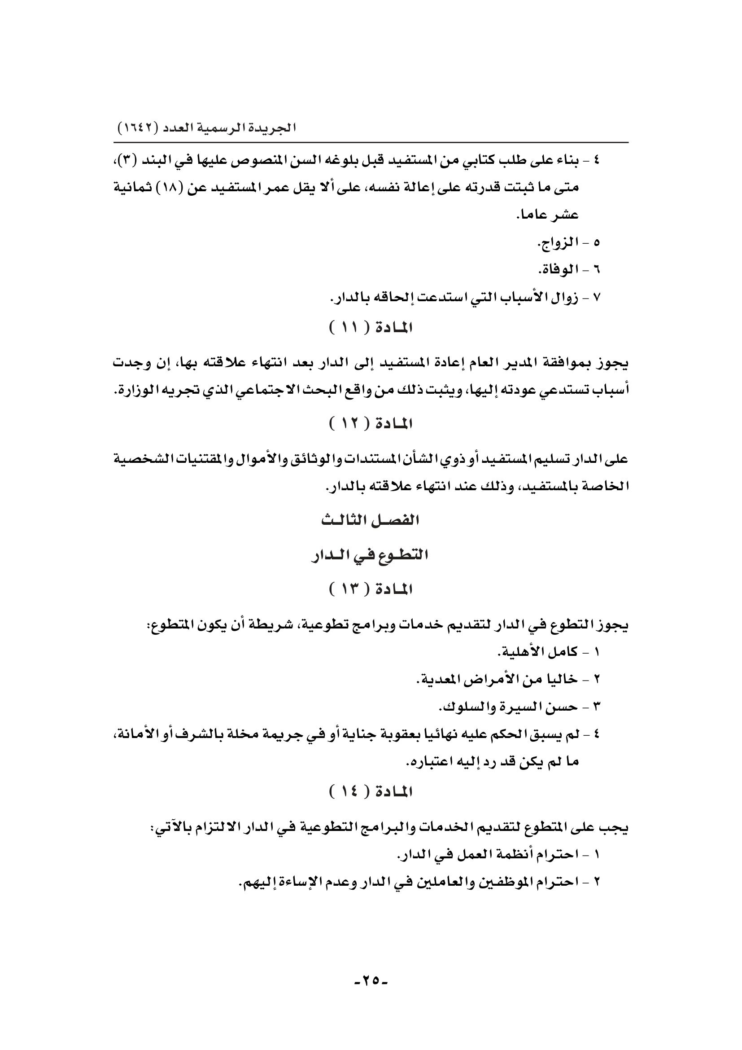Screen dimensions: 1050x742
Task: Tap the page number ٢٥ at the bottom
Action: (371, 980)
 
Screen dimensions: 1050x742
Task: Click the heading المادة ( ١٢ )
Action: (371, 424)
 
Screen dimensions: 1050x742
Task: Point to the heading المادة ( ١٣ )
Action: (371, 589)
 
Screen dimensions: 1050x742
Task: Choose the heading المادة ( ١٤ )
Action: (371, 791)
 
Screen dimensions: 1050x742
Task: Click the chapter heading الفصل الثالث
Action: (371, 521)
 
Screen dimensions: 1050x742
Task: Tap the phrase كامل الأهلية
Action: (537, 653)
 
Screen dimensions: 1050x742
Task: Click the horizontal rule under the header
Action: (371, 143)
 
